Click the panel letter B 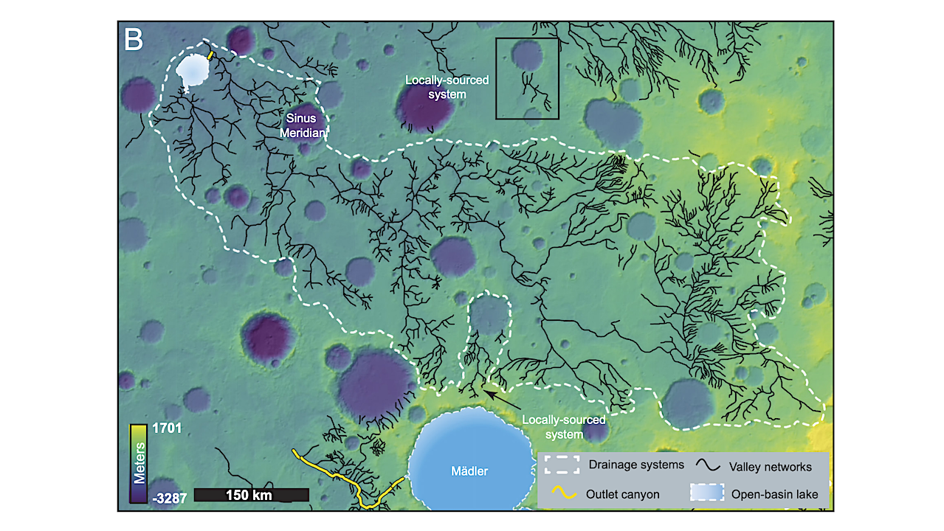pyautogui.click(x=134, y=39)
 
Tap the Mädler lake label pyautogui.click(x=469, y=471)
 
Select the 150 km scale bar pyautogui.click(x=251, y=495)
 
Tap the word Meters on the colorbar pyautogui.click(x=138, y=462)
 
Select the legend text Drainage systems pyautogui.click(x=636, y=465)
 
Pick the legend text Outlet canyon pyautogui.click(x=621, y=493)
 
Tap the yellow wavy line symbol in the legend pyautogui.click(x=560, y=493)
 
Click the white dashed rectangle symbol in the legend pyautogui.click(x=560, y=465)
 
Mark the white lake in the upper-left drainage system pyautogui.click(x=193, y=72)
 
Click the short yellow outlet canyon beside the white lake pyautogui.click(x=210, y=55)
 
